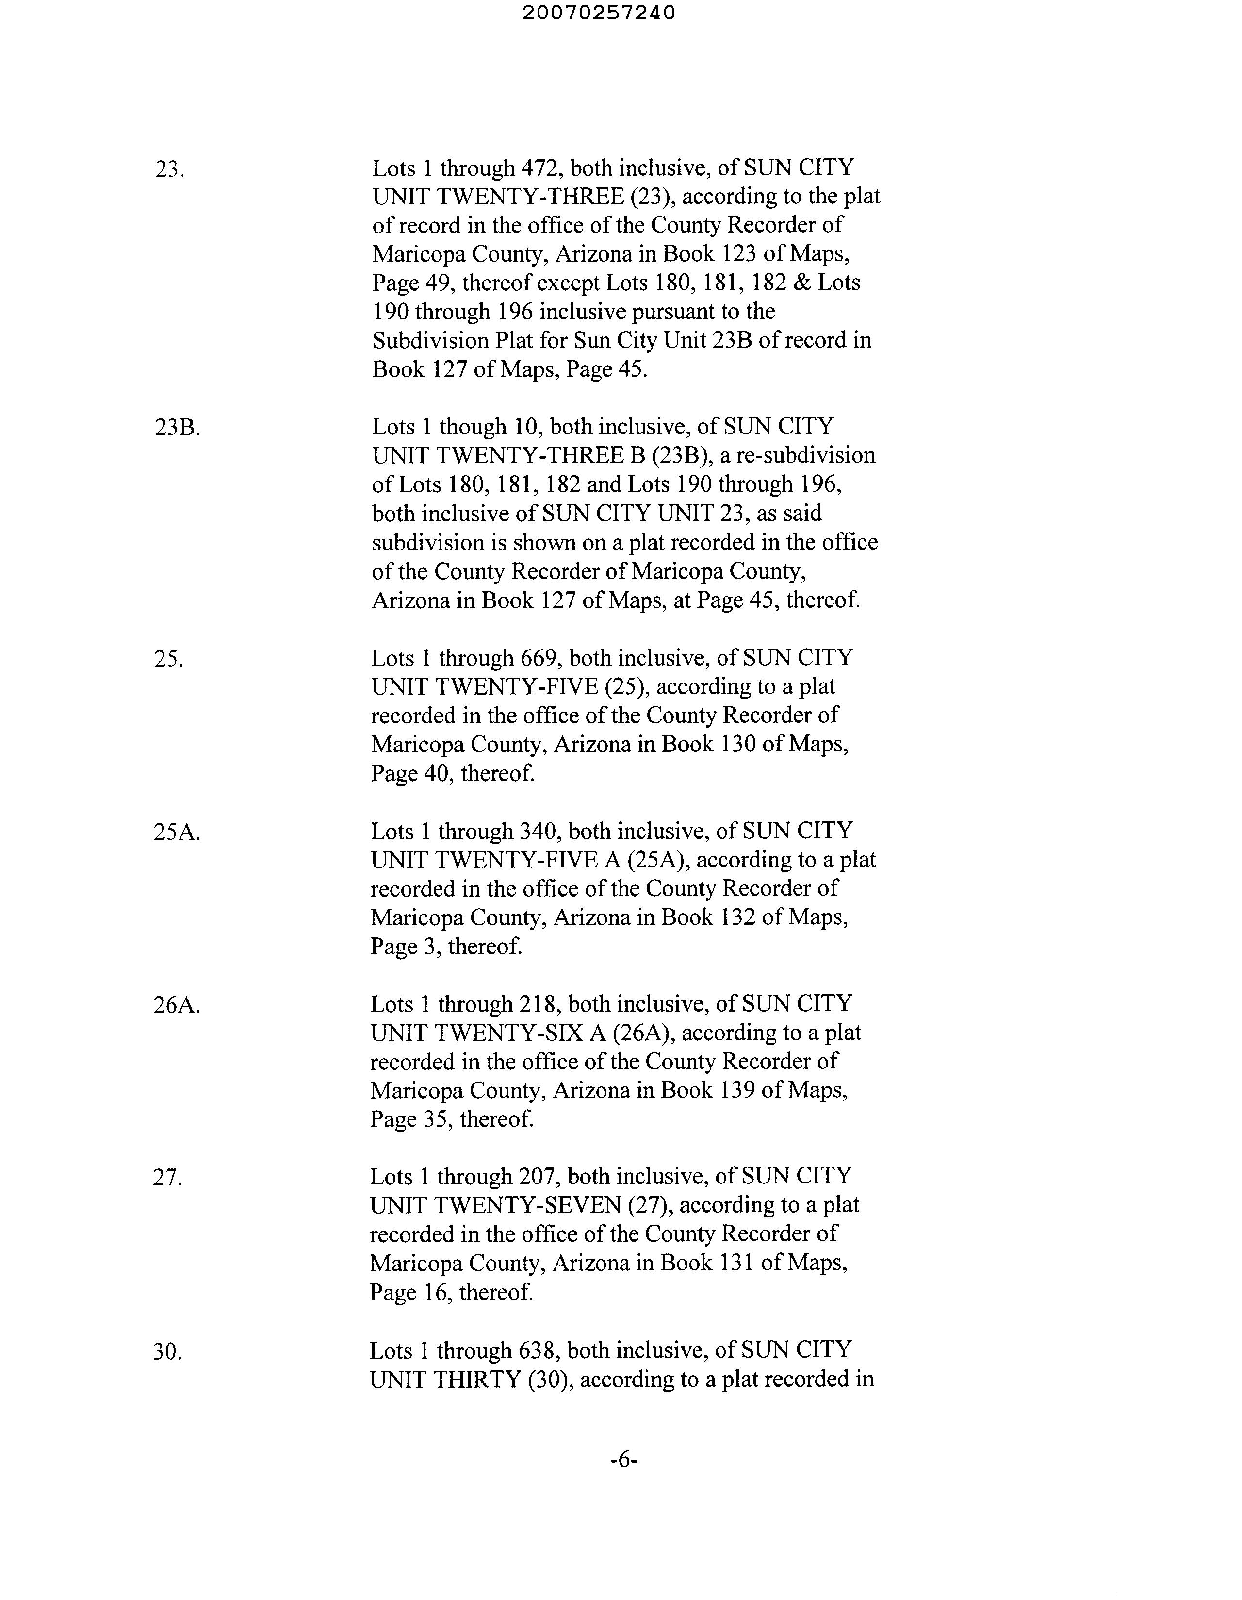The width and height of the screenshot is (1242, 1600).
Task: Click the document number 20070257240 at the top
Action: point(599,13)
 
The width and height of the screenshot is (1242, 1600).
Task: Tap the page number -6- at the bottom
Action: point(624,1475)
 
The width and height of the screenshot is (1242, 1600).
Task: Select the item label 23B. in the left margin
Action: point(177,428)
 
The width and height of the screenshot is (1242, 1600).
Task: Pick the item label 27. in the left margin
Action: point(167,1178)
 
